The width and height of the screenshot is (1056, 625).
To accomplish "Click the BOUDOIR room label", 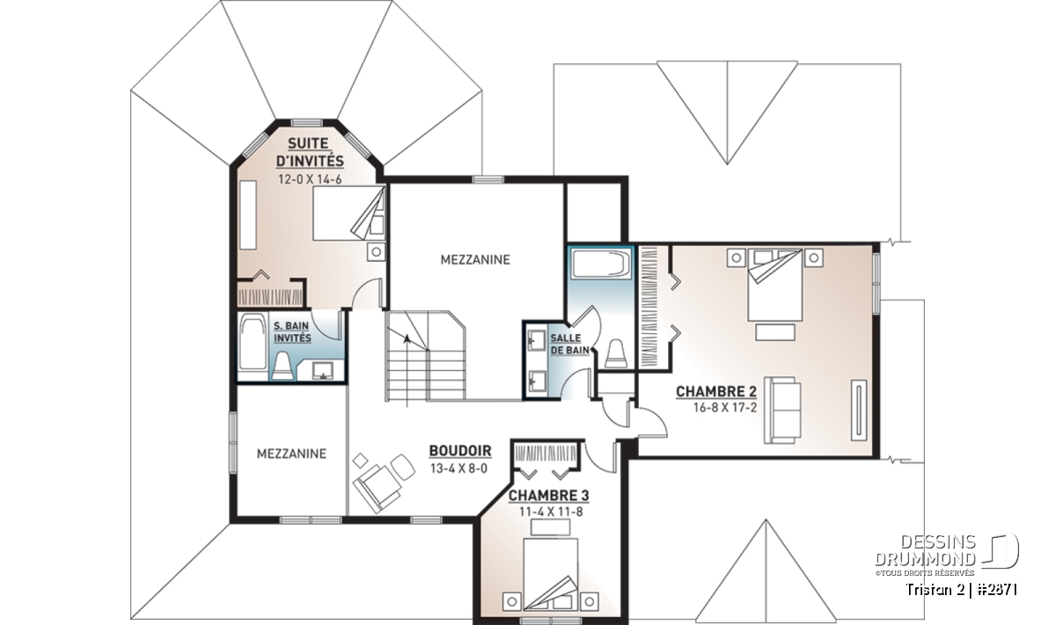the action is coord(460,451).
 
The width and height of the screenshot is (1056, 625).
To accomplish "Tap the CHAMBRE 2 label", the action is coord(716,391).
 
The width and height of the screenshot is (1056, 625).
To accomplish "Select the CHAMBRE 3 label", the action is coord(549,496).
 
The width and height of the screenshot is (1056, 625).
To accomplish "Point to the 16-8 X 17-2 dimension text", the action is coord(725,408).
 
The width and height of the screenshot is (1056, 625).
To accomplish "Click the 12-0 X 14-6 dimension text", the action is coord(310,179).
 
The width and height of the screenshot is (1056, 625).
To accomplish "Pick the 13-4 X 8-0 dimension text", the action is coord(458,469).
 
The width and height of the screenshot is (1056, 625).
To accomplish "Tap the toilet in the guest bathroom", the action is coord(282,366).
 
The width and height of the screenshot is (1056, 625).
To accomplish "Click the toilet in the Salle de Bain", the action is coord(617,353).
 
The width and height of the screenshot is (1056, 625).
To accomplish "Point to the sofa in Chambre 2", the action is coord(782,410).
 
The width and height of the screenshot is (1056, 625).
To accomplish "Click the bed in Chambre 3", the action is coord(551,575).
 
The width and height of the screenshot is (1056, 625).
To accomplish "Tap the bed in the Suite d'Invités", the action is coord(348,214).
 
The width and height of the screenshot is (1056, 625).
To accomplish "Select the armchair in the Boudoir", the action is coord(377,488).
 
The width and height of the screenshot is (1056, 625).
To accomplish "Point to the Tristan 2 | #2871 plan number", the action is coord(962,590).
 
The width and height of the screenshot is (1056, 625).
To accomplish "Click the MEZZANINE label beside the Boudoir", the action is coord(291,454).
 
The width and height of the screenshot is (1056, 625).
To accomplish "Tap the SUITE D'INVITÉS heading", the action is coord(310,152).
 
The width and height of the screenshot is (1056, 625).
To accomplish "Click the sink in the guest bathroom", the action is coord(324,371).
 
